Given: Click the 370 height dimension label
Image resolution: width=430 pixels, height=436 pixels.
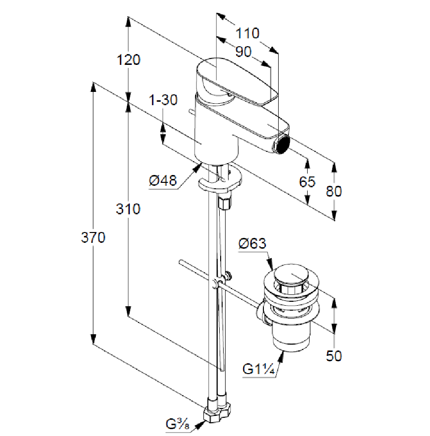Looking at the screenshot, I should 93,238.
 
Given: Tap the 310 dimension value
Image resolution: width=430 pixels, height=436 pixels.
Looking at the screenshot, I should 128,209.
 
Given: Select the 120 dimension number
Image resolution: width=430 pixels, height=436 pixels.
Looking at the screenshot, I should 128,60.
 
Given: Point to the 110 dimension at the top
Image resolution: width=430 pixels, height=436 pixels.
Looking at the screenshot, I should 247,33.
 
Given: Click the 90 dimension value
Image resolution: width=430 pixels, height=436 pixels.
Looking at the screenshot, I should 243,51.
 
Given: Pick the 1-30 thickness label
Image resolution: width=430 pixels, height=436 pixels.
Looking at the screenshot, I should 163,100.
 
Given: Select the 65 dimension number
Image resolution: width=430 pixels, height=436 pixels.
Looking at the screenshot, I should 307,182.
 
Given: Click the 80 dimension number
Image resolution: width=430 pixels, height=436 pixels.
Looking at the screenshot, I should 334,191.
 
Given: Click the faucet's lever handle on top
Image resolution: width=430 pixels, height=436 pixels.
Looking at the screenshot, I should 236,81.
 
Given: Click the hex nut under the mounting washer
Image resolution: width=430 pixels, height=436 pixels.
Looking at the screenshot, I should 225,202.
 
